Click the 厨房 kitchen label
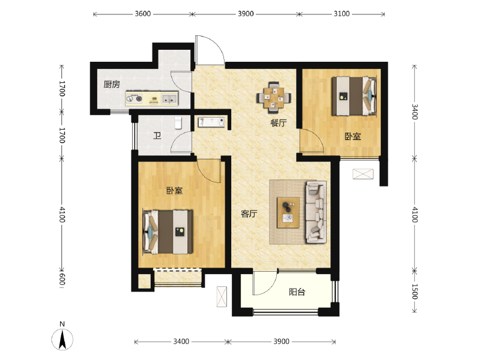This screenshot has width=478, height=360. (112, 84)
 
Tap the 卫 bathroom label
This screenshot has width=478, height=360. (157, 136)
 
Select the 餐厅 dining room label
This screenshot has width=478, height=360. (279, 123)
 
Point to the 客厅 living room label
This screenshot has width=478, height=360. (249, 214)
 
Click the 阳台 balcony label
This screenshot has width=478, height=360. (297, 292)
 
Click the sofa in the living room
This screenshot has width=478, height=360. (316, 212)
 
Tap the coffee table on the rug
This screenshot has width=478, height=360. (288, 212)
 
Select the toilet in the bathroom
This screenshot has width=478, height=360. (178, 123)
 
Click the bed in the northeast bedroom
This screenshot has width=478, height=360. (354, 96)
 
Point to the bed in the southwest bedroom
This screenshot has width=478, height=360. (168, 232)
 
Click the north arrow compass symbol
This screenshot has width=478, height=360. (62, 339)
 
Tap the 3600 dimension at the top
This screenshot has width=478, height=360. (143, 14)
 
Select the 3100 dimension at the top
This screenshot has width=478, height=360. (342, 14)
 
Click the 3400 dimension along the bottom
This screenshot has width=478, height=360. (181, 341)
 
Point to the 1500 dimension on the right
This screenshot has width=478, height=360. (414, 292)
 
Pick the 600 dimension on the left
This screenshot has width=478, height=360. (62, 279)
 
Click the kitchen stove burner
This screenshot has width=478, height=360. (135, 98)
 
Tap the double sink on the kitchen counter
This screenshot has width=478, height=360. (169, 98)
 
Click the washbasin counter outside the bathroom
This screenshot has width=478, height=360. (211, 122)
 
